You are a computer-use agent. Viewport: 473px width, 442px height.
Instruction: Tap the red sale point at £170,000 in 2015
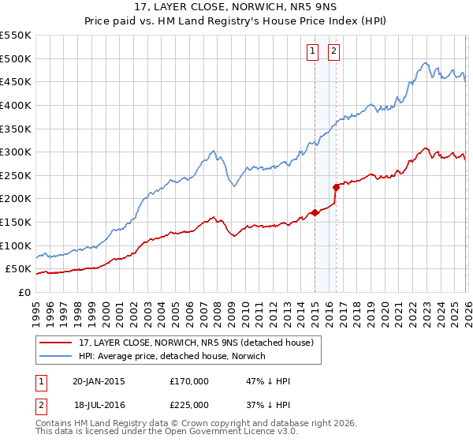tap(315, 212)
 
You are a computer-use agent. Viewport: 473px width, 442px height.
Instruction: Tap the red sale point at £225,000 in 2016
tap(336, 187)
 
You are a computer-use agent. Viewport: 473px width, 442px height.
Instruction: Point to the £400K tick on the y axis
tap(17, 105)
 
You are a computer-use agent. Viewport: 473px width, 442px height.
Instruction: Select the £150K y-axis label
tap(17, 222)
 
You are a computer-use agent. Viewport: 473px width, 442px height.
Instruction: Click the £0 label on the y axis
tap(24, 292)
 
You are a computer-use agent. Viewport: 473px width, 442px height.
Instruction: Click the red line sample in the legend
tap(56, 343)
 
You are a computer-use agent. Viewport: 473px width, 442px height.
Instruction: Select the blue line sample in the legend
tap(56, 356)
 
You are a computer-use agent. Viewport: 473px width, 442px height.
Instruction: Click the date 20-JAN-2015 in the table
tap(99, 381)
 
